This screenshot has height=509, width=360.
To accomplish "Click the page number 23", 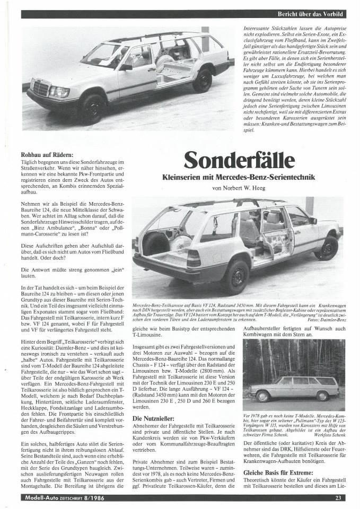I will click(x=352, y=498).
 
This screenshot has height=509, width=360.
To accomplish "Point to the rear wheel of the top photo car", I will click(x=202, y=80).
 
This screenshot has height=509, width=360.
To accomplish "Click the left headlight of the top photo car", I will click(x=59, y=92).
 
